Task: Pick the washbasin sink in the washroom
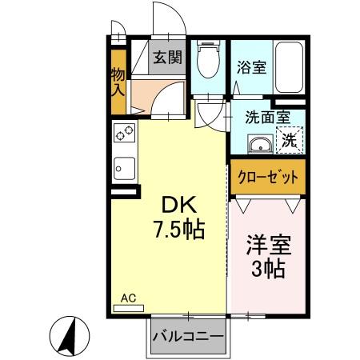point(259,145)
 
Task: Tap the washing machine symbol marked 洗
point(290,142)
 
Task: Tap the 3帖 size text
point(267,269)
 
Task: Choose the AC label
point(128,298)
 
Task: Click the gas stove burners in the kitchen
point(126,136)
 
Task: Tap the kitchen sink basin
point(126,169)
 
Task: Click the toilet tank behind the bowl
point(208,48)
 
